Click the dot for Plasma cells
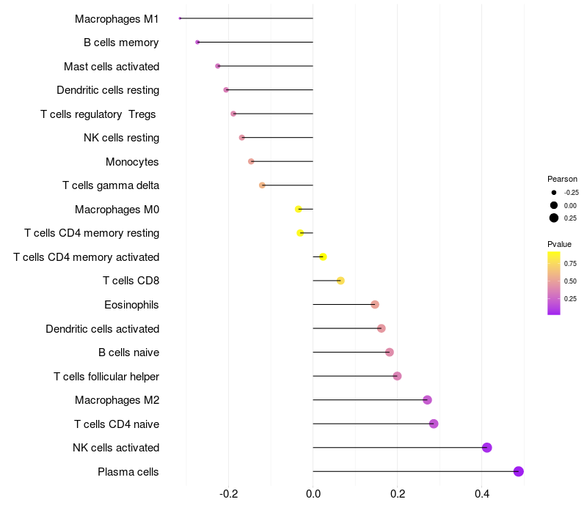pyautogui.click(x=519, y=471)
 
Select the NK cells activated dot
pyautogui.click(x=486, y=448)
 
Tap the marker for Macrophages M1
pyautogui.click(x=180, y=18)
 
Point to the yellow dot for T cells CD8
pyautogui.click(x=340, y=281)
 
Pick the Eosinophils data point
pyautogui.click(x=375, y=304)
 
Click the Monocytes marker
pyautogui.click(x=251, y=161)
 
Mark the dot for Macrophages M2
pyautogui.click(x=427, y=400)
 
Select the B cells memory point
pyautogui.click(x=197, y=43)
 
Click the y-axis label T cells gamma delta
pyautogui.click(x=111, y=185)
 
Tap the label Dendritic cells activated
pyautogui.click(x=102, y=328)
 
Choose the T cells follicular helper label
pyautogui.click(x=106, y=376)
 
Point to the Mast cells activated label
pyautogui.click(x=112, y=66)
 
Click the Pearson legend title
pyautogui.click(x=562, y=179)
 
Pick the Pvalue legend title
pyautogui.click(x=559, y=244)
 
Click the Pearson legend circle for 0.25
pyautogui.click(x=554, y=218)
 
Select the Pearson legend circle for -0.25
pyautogui.click(x=554, y=192)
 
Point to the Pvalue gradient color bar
pyautogui.click(x=554, y=283)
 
